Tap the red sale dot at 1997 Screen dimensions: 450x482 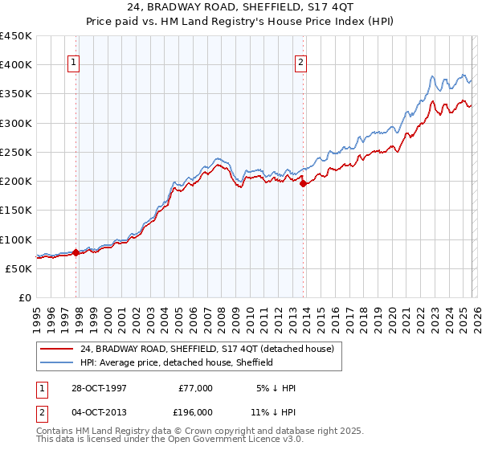point(76,252)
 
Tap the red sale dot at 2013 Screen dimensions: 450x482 point(303,184)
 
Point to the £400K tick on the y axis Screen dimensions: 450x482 point(16,65)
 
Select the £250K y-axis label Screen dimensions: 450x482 point(16,152)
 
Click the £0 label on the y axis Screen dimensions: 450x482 point(24,297)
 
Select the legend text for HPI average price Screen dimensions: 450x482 point(177,362)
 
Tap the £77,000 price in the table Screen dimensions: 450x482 point(196,388)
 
